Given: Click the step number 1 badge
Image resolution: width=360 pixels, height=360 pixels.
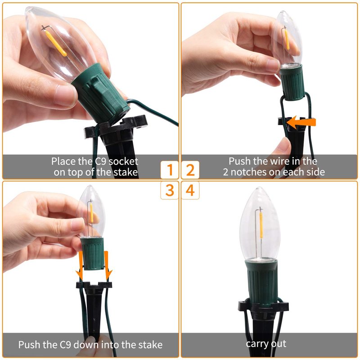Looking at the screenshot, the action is coord(170,170).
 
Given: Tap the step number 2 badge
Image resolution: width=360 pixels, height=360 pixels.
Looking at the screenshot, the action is coord(190,170).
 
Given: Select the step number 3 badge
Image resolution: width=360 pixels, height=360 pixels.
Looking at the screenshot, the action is coord(170,190).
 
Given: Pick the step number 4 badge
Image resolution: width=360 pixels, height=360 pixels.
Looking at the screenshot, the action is coord(190,190).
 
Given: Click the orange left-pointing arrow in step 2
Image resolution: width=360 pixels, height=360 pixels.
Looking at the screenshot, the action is coord(301,122).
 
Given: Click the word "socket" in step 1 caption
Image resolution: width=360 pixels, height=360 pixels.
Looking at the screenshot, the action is coord(123,162).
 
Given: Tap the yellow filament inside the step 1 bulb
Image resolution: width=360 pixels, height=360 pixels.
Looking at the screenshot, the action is coord(56,43).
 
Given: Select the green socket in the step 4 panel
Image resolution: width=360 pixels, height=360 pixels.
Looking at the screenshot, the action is coord(261,282).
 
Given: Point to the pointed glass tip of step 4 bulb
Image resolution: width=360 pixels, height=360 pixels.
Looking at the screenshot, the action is coord(259,188).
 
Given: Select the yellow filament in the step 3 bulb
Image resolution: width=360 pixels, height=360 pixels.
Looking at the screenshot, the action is coord(92,213).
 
